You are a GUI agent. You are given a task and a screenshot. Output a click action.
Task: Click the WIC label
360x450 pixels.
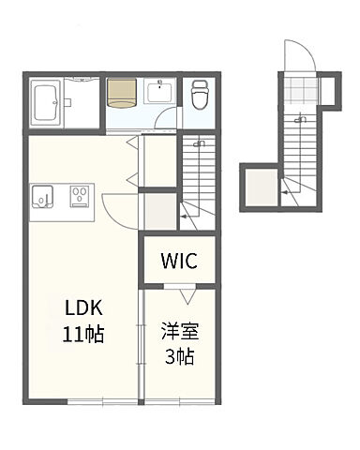click(179, 261)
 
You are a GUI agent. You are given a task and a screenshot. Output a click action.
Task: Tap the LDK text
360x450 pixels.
click(83, 307)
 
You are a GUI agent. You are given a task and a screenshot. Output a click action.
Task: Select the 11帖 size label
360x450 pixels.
click(83, 334)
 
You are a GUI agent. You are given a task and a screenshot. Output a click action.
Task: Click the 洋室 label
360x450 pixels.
click(180, 331)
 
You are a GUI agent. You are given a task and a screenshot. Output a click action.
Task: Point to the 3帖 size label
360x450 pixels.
click(180, 356)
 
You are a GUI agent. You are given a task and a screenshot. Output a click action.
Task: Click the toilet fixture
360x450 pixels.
click(200, 95)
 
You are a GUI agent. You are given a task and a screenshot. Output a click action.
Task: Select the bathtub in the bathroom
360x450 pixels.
click(47, 102)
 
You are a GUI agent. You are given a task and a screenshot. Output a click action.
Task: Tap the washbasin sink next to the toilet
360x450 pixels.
click(159, 91)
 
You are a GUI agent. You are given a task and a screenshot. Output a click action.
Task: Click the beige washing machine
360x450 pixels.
click(122, 93)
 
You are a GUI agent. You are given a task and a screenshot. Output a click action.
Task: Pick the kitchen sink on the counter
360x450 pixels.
click(42, 197)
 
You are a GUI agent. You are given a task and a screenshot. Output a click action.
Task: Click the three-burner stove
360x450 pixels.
click(81, 196)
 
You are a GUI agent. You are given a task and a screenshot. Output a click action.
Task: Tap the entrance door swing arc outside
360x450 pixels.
click(300, 55)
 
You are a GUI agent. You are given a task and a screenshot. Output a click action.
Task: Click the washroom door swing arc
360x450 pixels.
click(166, 117)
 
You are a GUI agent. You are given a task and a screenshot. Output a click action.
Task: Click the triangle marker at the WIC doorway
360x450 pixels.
click(187, 296)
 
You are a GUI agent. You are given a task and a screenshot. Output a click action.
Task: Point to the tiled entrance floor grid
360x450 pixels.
click(302, 91)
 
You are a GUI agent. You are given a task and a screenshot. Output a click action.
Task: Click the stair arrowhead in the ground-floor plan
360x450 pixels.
click(284, 192)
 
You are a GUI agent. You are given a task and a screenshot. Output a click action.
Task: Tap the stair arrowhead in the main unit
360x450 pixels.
click(184, 217)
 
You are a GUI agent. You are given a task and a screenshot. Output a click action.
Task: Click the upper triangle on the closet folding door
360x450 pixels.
click(131, 142)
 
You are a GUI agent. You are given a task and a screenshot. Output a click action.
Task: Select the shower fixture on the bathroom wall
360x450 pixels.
click(67, 102)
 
